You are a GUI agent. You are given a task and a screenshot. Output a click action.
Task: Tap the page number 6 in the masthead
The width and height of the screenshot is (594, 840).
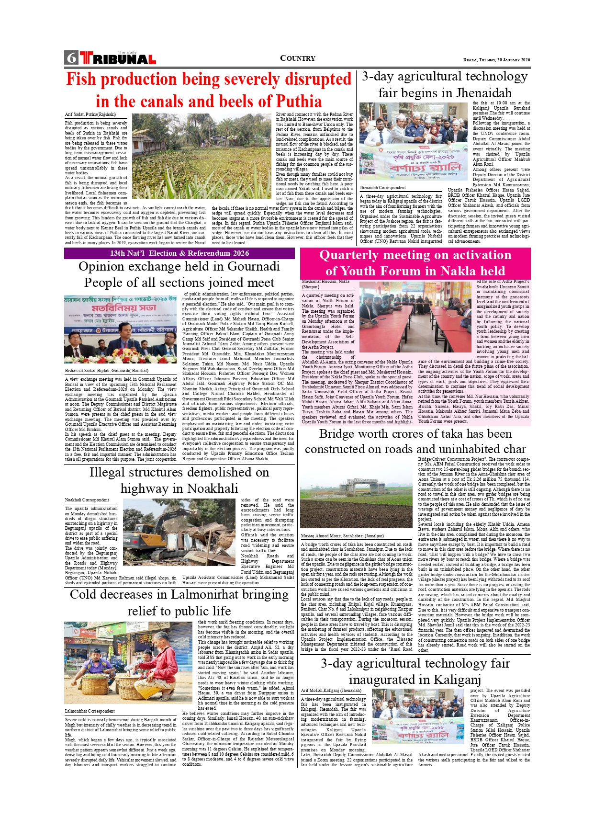(71, 58)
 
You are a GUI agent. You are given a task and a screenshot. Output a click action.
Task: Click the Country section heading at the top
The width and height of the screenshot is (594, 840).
(297, 58)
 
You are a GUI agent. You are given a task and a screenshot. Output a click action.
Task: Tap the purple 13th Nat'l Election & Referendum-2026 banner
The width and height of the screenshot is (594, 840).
(179, 253)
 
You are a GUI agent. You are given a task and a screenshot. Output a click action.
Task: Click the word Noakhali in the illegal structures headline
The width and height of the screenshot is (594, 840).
(212, 488)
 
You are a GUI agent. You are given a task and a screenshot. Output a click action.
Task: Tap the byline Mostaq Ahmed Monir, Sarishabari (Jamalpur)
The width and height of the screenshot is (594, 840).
(342, 535)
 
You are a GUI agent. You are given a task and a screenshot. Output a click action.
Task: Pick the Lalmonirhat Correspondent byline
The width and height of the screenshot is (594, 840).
(90, 711)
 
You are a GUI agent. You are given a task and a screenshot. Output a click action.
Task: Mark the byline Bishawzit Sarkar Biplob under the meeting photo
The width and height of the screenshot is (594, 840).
(106, 370)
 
